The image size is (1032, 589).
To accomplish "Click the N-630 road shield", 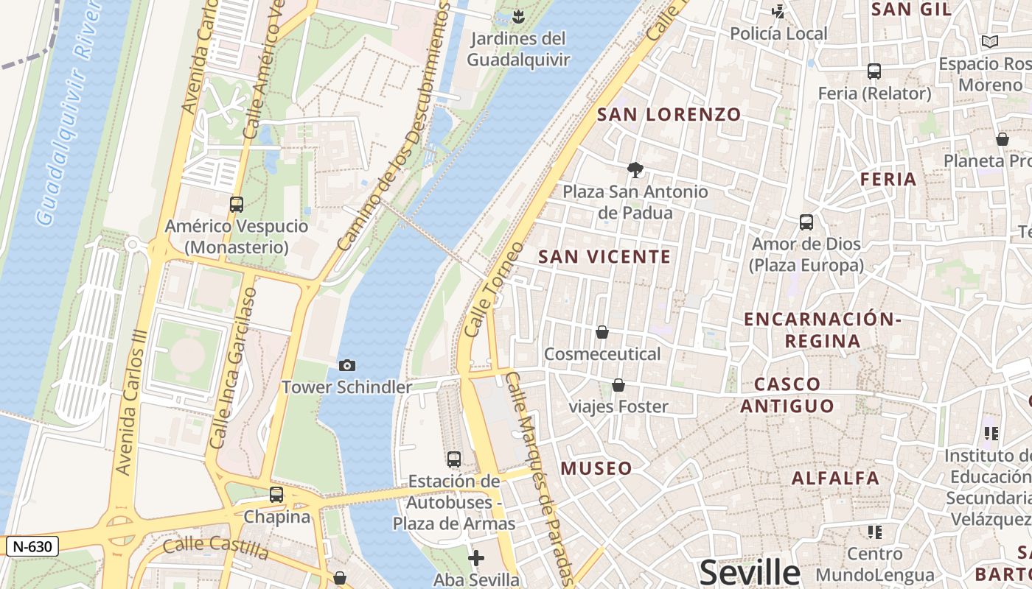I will coord(32,546).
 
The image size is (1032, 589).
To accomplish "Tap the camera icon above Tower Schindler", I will coord(346,365).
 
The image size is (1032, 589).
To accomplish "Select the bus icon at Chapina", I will coord(276,495).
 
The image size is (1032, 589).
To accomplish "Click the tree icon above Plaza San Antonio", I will coord(635,170).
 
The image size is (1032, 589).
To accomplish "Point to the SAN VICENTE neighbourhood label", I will coord(604,257).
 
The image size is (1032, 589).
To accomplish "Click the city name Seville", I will coord(750,572).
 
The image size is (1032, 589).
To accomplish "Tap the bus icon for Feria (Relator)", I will coord(874,71).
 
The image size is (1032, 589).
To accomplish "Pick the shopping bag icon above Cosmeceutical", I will coord(602,332).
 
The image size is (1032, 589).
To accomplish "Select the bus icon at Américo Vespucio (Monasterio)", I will coord(237,205).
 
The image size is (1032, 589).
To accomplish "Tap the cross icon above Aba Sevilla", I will coord(476,558).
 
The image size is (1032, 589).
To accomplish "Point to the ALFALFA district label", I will coord(835,478).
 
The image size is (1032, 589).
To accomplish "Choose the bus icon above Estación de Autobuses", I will coord(454,459).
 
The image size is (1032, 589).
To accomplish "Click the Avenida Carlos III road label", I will coord(133,401).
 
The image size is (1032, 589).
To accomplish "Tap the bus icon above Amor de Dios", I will coord(806,222).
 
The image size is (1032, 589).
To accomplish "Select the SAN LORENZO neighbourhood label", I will coord(669,115).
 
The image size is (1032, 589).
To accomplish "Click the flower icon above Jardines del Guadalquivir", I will coord(518,15).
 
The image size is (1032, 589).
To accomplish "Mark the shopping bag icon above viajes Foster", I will coord(618,385).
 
